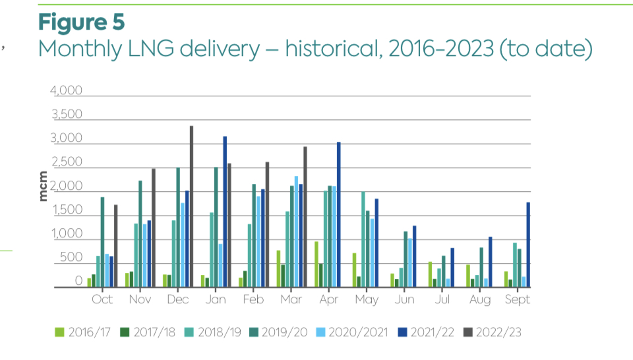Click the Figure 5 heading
coord(81,21)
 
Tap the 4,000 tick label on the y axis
coord(67,91)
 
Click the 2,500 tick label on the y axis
coord(67,163)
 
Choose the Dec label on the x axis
coord(177,300)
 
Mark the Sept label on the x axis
coord(518,300)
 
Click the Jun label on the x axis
coord(404,300)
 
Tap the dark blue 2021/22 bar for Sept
coord(528,245)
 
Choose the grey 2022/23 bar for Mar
coord(305,217)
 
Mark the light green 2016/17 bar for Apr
coord(316,264)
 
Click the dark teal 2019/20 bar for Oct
coord(102,242)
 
